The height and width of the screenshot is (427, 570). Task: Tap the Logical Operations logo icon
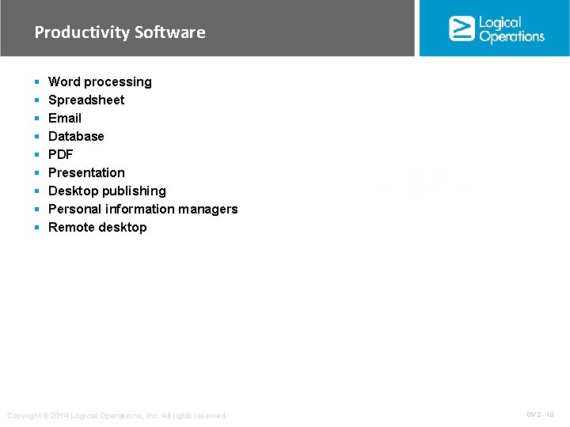[462, 28]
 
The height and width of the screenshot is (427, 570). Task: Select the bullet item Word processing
[100, 81]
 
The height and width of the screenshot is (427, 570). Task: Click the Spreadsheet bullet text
[86, 100]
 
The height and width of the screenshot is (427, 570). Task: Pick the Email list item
[65, 118]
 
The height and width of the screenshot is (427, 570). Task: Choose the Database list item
[76, 136]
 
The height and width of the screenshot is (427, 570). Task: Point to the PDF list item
[60, 154]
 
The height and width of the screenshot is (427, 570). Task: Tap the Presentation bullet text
[86, 172]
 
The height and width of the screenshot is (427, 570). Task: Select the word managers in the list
[209, 209]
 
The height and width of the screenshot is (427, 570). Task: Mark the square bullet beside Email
[37, 119]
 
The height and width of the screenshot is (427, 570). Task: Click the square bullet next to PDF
[37, 155]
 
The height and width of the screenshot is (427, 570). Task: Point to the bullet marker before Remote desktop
[37, 228]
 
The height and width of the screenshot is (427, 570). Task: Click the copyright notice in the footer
[116, 416]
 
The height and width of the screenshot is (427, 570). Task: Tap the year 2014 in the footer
[59, 416]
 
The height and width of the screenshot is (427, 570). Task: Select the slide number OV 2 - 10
[540, 414]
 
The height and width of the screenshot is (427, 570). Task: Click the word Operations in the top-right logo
[512, 36]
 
